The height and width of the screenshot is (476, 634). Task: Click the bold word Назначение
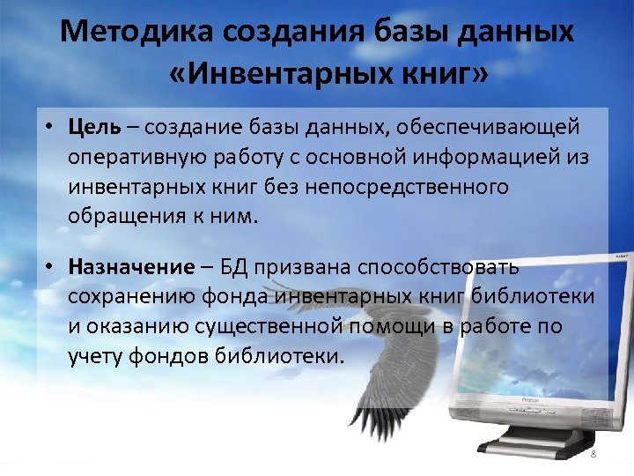(x=130, y=266)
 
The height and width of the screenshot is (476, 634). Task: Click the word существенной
(x=270, y=326)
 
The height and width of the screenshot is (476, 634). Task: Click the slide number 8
(x=593, y=453)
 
